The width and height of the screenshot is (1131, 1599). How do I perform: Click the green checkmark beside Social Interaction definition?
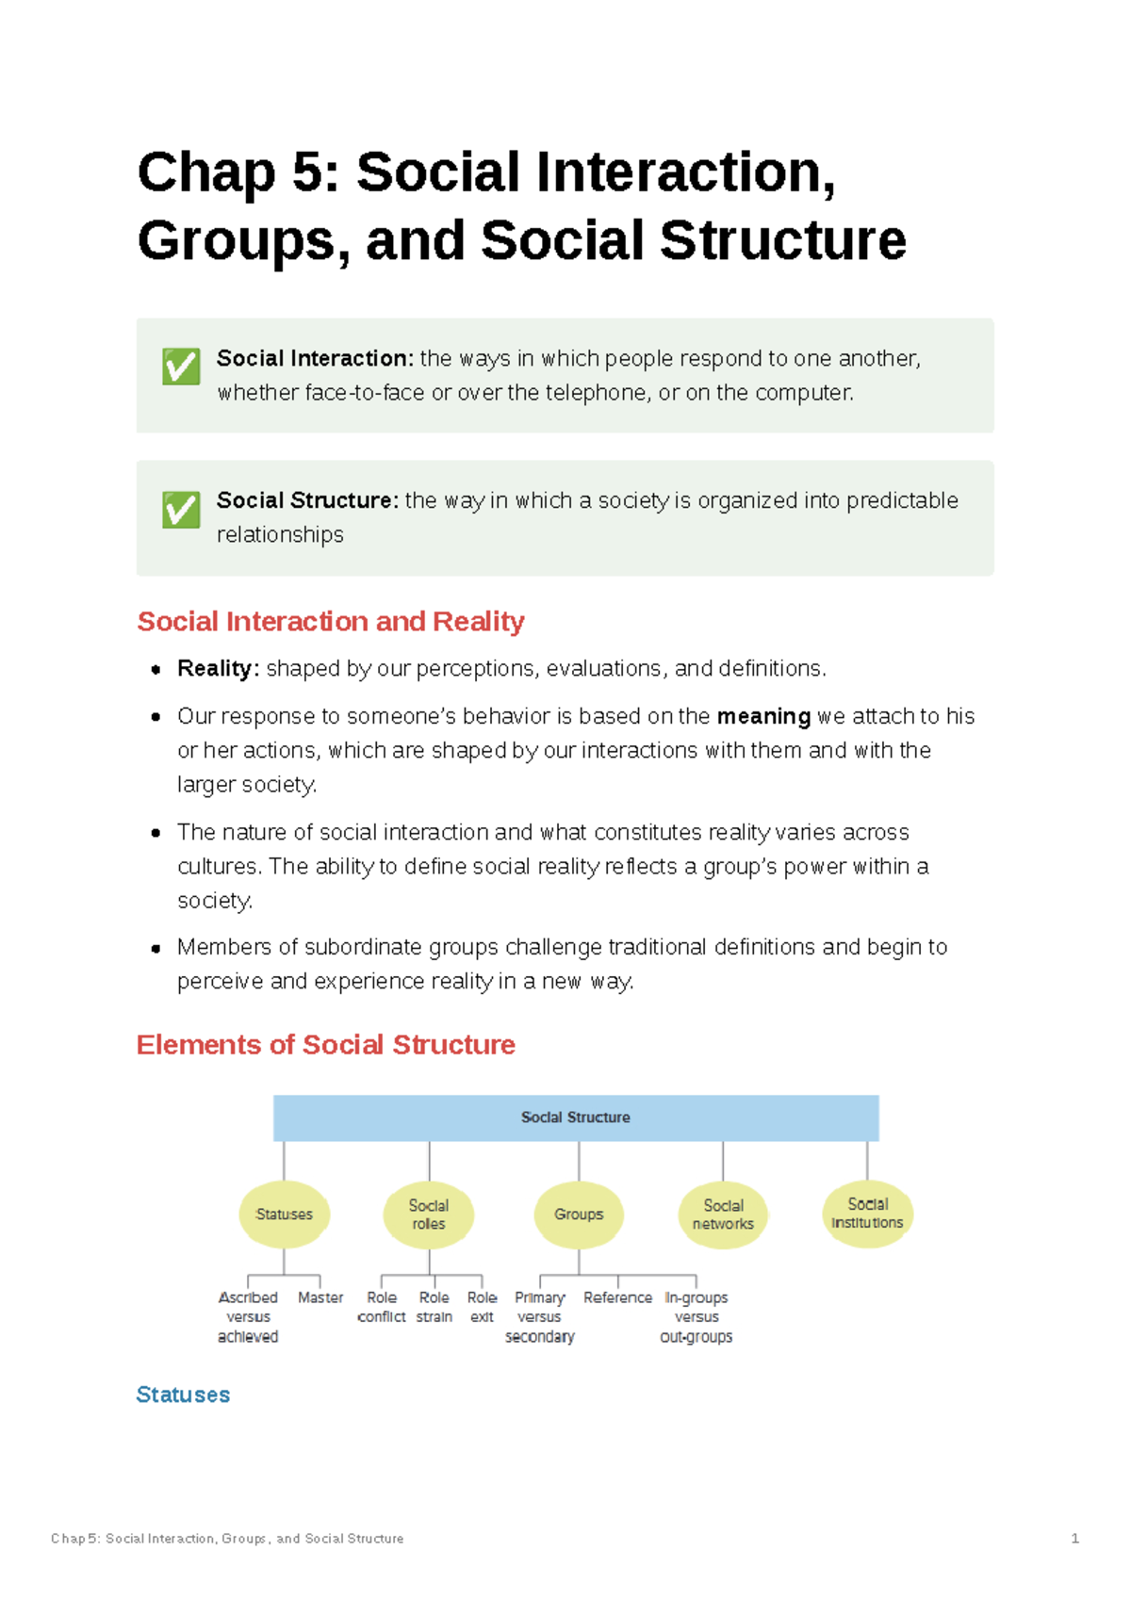[181, 367]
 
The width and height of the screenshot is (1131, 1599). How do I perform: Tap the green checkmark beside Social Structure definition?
[181, 510]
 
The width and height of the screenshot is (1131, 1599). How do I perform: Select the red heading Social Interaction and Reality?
[330, 622]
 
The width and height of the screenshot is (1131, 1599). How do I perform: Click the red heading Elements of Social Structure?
[325, 1045]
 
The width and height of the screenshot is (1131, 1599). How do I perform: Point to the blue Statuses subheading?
[183, 1395]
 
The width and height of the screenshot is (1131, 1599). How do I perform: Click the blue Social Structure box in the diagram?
[576, 1118]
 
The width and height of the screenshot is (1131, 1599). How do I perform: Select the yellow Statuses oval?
[284, 1215]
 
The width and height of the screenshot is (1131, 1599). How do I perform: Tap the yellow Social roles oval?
[429, 1215]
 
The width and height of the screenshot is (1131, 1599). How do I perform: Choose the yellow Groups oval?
[579, 1215]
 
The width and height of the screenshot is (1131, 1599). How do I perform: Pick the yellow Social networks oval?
[723, 1215]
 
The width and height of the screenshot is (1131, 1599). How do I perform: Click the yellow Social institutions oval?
[867, 1214]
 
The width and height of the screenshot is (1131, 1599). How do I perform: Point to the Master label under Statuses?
[320, 1297]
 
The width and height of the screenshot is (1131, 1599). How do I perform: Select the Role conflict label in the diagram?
[382, 1307]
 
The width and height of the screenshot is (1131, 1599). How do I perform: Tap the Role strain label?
[434, 1307]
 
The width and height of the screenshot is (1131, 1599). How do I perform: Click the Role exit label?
[482, 1307]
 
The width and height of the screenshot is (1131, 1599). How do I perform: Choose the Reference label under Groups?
[617, 1297]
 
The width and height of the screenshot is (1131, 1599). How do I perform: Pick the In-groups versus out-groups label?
[697, 1316]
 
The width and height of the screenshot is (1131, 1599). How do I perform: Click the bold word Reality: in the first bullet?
[218, 669]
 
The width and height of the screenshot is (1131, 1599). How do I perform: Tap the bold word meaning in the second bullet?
[763, 717]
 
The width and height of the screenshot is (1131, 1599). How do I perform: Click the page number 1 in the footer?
[1074, 1539]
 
